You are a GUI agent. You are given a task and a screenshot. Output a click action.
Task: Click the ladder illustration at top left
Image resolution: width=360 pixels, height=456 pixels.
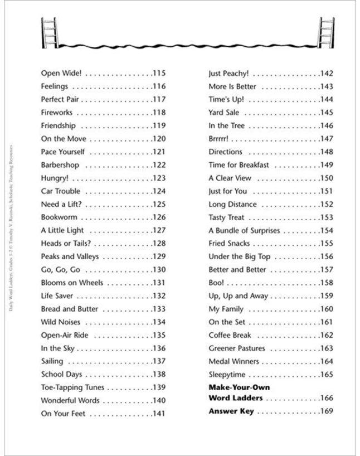click(50, 32)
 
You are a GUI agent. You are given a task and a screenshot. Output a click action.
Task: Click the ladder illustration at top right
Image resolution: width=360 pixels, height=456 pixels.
click(325, 32)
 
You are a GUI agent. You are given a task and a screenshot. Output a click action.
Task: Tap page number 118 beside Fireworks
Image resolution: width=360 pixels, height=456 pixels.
click(159, 113)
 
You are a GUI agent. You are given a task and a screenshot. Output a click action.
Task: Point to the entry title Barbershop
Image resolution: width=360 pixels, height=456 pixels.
click(60, 165)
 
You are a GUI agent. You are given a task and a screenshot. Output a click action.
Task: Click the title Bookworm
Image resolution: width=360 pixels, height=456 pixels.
click(59, 217)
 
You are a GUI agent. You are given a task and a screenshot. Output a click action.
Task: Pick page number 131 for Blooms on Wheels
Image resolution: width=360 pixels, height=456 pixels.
click(159, 283)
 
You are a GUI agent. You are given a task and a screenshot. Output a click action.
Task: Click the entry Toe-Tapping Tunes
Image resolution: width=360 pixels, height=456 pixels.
click(72, 387)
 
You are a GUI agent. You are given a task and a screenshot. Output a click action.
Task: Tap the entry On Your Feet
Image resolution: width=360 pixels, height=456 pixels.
click(63, 414)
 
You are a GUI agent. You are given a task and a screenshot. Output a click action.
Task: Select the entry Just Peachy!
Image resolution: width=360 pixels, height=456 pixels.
click(228, 73)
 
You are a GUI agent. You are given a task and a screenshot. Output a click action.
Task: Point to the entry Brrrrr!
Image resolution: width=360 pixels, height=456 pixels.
click(219, 139)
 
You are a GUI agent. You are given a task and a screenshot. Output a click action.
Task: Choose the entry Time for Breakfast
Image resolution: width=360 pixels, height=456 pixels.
click(239, 165)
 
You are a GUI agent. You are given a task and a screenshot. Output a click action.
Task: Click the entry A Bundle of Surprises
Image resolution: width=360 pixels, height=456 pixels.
click(245, 230)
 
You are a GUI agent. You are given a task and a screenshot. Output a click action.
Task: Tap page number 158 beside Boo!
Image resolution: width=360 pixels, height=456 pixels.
click(326, 283)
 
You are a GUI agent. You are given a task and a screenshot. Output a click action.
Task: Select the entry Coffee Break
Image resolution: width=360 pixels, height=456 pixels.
click(230, 335)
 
